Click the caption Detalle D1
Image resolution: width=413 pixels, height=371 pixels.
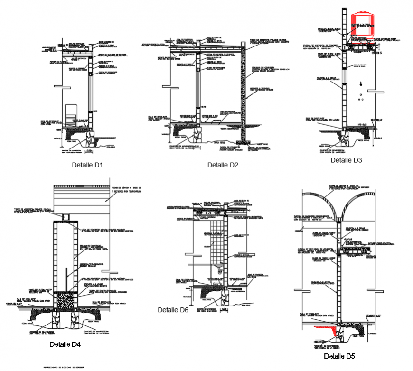tap(87, 165)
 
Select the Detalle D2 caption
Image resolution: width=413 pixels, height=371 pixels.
tap(223, 165)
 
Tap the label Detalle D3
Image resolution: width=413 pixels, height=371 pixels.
tap(346, 160)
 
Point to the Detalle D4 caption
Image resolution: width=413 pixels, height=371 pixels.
tap(65, 344)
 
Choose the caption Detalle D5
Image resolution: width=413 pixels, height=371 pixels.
tap(339, 356)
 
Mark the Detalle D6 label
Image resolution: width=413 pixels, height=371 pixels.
tap(173, 310)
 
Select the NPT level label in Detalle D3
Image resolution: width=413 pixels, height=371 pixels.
tap(368, 124)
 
